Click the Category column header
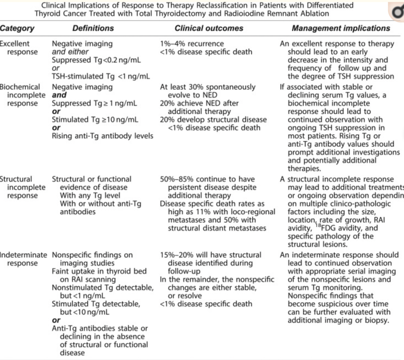17,28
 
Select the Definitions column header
93,28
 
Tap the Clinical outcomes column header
209,28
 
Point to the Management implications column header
341,28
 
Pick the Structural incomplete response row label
21,187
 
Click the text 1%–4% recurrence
192,44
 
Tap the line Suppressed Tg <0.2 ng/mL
96,60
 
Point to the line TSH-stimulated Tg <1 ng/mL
101,77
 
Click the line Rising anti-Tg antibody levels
102,136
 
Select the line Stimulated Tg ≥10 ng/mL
95,120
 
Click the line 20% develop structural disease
213,120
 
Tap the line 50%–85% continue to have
207,179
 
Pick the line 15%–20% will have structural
210,255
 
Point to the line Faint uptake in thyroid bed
99,271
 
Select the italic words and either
70,52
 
